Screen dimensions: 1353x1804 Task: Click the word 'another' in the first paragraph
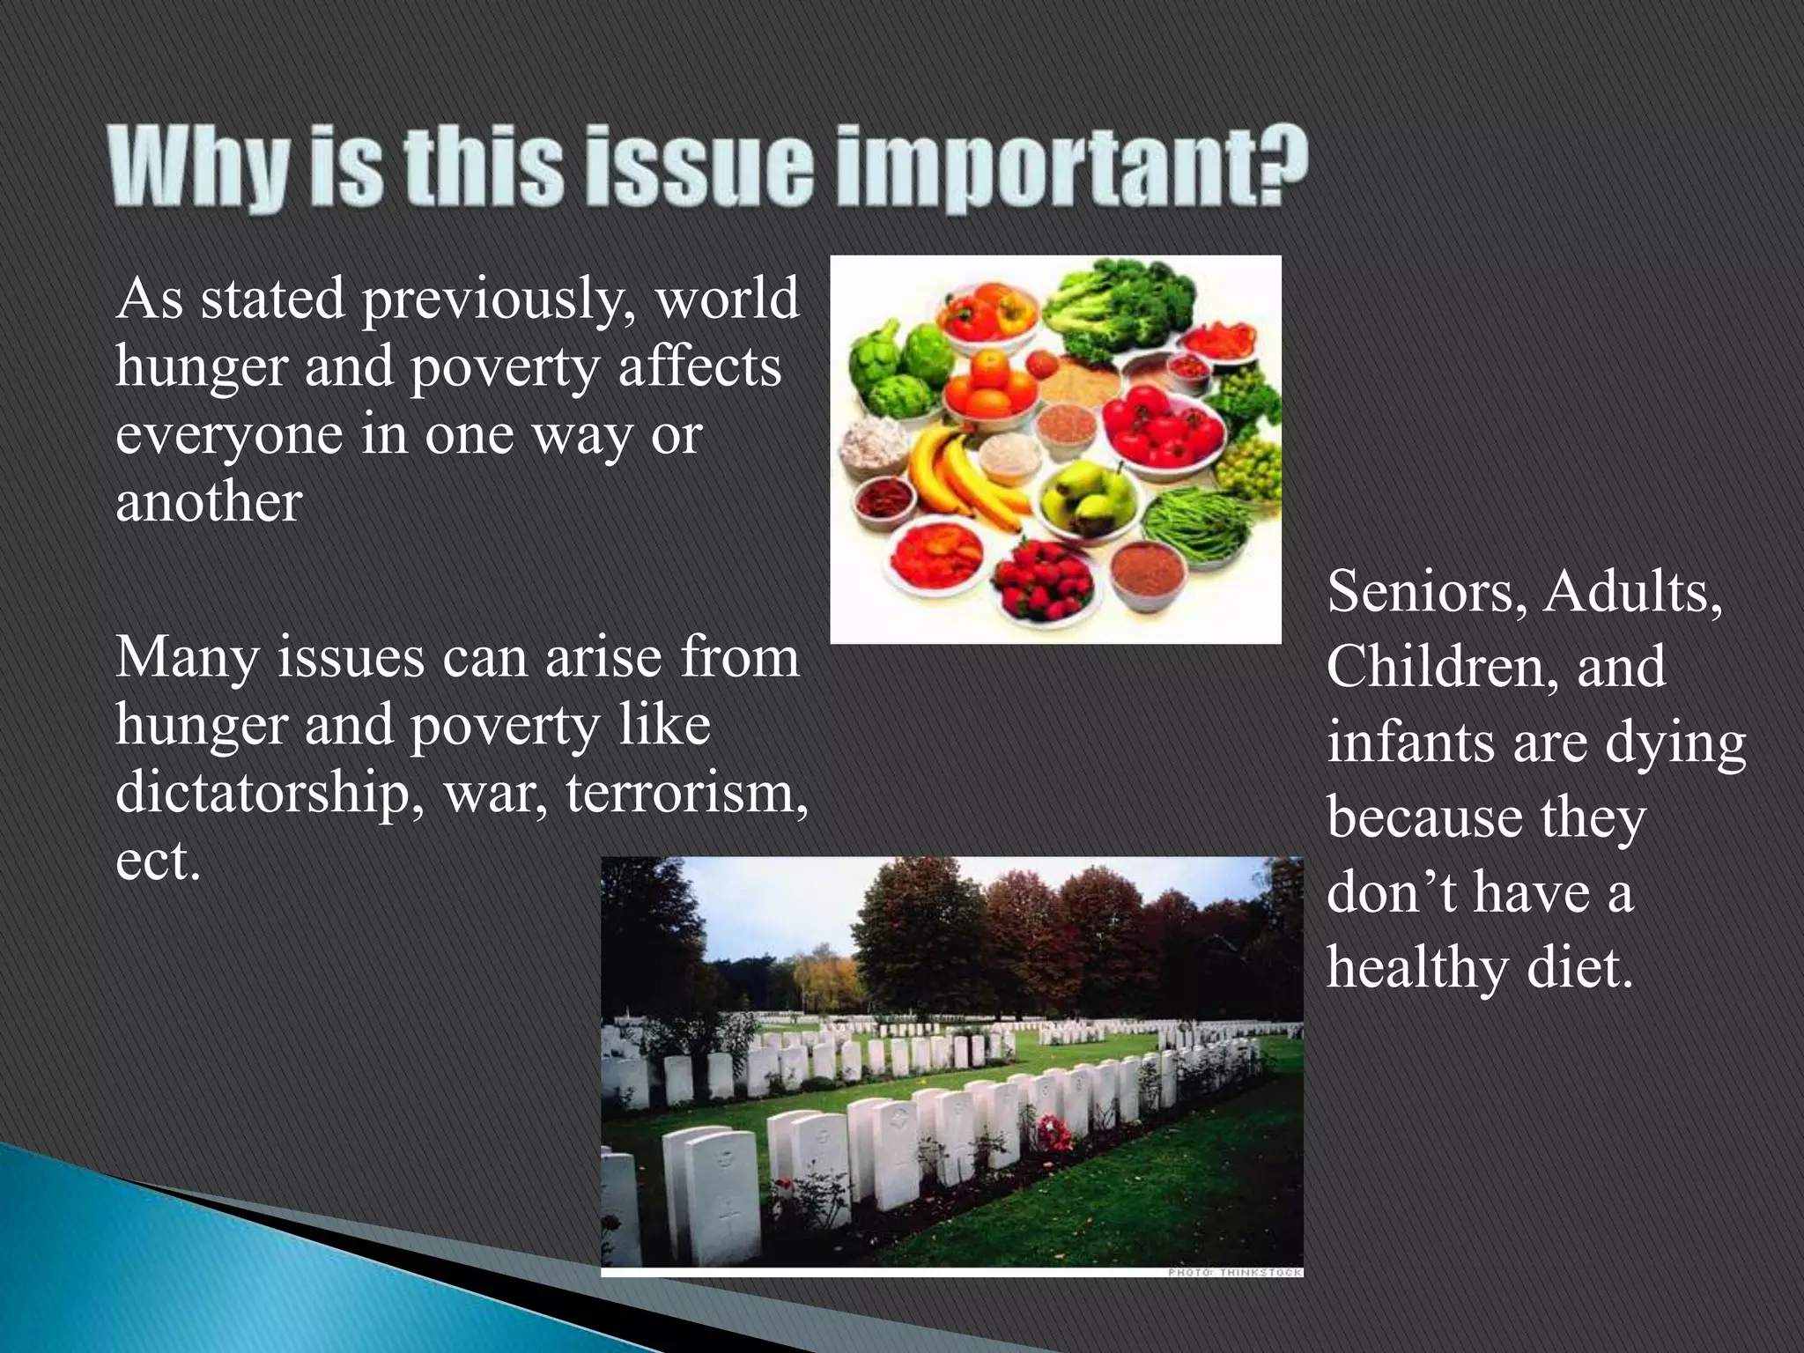coord(209,503)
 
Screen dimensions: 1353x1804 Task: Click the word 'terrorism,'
coord(686,793)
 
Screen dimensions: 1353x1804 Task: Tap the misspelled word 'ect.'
coord(159,861)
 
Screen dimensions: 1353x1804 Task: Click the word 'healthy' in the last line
coord(1416,968)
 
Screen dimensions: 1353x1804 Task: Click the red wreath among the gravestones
coord(1054,1132)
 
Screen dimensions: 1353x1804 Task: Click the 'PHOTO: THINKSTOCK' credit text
coord(1234,1272)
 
